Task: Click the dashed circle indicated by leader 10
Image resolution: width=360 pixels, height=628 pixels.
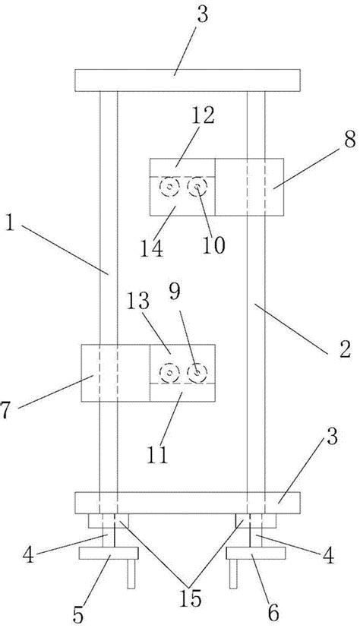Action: [x=199, y=185]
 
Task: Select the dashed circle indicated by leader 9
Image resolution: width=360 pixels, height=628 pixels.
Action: [x=197, y=372]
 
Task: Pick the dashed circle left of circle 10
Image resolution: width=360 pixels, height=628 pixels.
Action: [x=169, y=186]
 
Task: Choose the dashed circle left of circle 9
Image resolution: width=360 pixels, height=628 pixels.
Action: [x=168, y=372]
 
